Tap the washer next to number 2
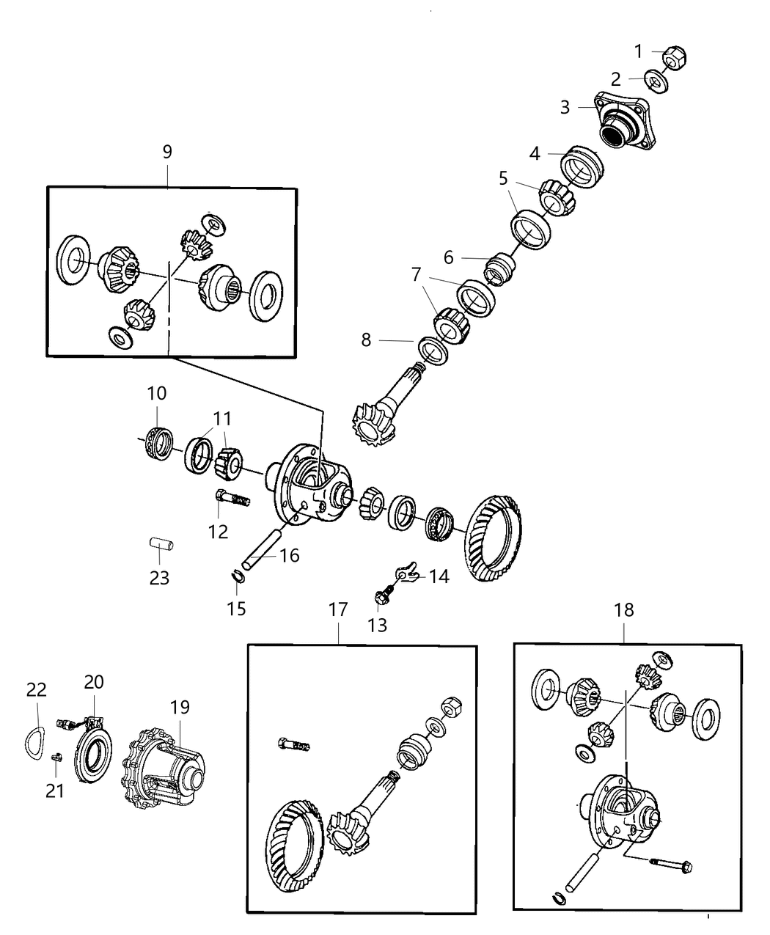656,81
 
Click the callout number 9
167,152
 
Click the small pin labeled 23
160,544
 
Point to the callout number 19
180,707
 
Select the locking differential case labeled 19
166,763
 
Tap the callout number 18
624,609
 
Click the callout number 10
156,393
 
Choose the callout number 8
366,340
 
